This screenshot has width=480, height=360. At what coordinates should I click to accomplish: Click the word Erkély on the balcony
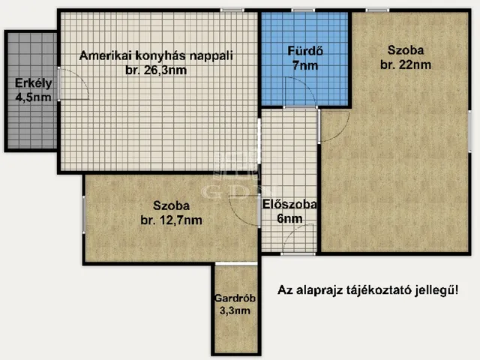click(x=33, y=83)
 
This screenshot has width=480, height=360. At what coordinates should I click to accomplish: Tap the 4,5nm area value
click(x=33, y=97)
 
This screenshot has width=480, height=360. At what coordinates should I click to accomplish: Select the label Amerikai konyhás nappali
click(x=156, y=56)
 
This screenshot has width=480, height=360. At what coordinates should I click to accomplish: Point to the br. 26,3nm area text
click(x=156, y=70)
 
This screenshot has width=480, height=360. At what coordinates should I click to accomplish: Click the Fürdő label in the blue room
click(x=305, y=51)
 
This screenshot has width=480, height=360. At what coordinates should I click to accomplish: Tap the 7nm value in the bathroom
click(x=305, y=65)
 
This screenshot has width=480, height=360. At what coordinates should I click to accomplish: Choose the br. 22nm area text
click(x=406, y=64)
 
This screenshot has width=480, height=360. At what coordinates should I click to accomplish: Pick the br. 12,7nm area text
click(x=172, y=220)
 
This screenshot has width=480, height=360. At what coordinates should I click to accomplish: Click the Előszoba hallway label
click(x=289, y=204)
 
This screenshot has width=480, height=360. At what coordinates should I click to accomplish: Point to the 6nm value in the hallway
click(x=289, y=218)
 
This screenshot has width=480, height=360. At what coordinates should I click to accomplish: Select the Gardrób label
click(x=235, y=298)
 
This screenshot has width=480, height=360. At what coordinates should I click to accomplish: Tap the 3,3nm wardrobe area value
click(x=235, y=310)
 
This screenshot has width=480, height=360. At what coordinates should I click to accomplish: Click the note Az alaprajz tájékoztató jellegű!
click(x=368, y=290)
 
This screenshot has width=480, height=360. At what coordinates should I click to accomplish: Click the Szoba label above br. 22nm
click(x=406, y=50)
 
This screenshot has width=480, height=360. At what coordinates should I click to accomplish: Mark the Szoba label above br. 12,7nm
click(x=172, y=205)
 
